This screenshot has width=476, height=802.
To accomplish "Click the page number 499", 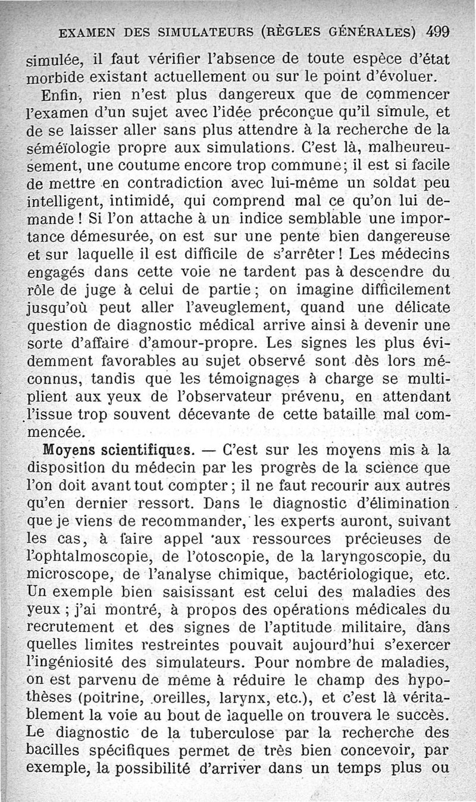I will [437, 31].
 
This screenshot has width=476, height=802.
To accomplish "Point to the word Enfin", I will [62, 95].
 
